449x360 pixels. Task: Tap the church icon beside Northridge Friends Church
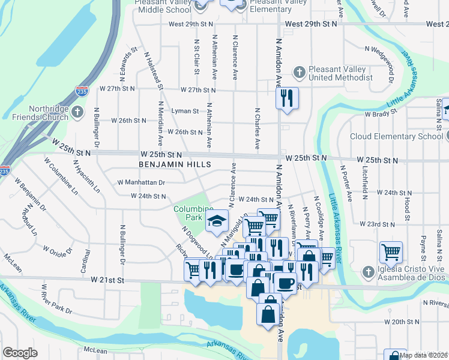(77, 113)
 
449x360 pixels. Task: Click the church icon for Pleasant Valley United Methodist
(300, 73)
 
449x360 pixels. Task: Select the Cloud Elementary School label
(396, 136)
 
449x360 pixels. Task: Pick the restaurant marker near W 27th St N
(287, 97)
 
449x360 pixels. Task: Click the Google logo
(20, 352)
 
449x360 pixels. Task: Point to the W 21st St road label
(107, 280)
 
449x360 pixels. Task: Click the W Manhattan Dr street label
(140, 182)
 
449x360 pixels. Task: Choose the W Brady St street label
(381, 113)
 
